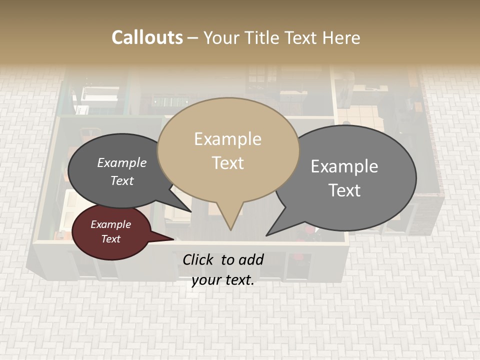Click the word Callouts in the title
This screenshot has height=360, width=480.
[147, 37]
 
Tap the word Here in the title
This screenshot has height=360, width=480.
[341, 37]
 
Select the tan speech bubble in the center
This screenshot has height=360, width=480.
[228, 150]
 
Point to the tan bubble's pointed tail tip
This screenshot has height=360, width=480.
[230, 229]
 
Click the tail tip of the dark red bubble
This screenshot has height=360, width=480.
[173, 239]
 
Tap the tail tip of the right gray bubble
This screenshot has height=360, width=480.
[266, 235]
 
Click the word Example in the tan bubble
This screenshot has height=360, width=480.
[227, 139]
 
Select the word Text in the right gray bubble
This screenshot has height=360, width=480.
[344, 190]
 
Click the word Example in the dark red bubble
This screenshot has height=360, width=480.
[110, 224]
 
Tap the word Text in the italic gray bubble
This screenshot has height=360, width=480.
[122, 180]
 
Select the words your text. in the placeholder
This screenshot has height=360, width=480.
[223, 280]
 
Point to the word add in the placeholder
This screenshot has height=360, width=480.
[250, 259]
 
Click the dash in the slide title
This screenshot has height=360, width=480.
[193, 37]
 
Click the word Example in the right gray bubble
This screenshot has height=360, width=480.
[344, 166]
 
